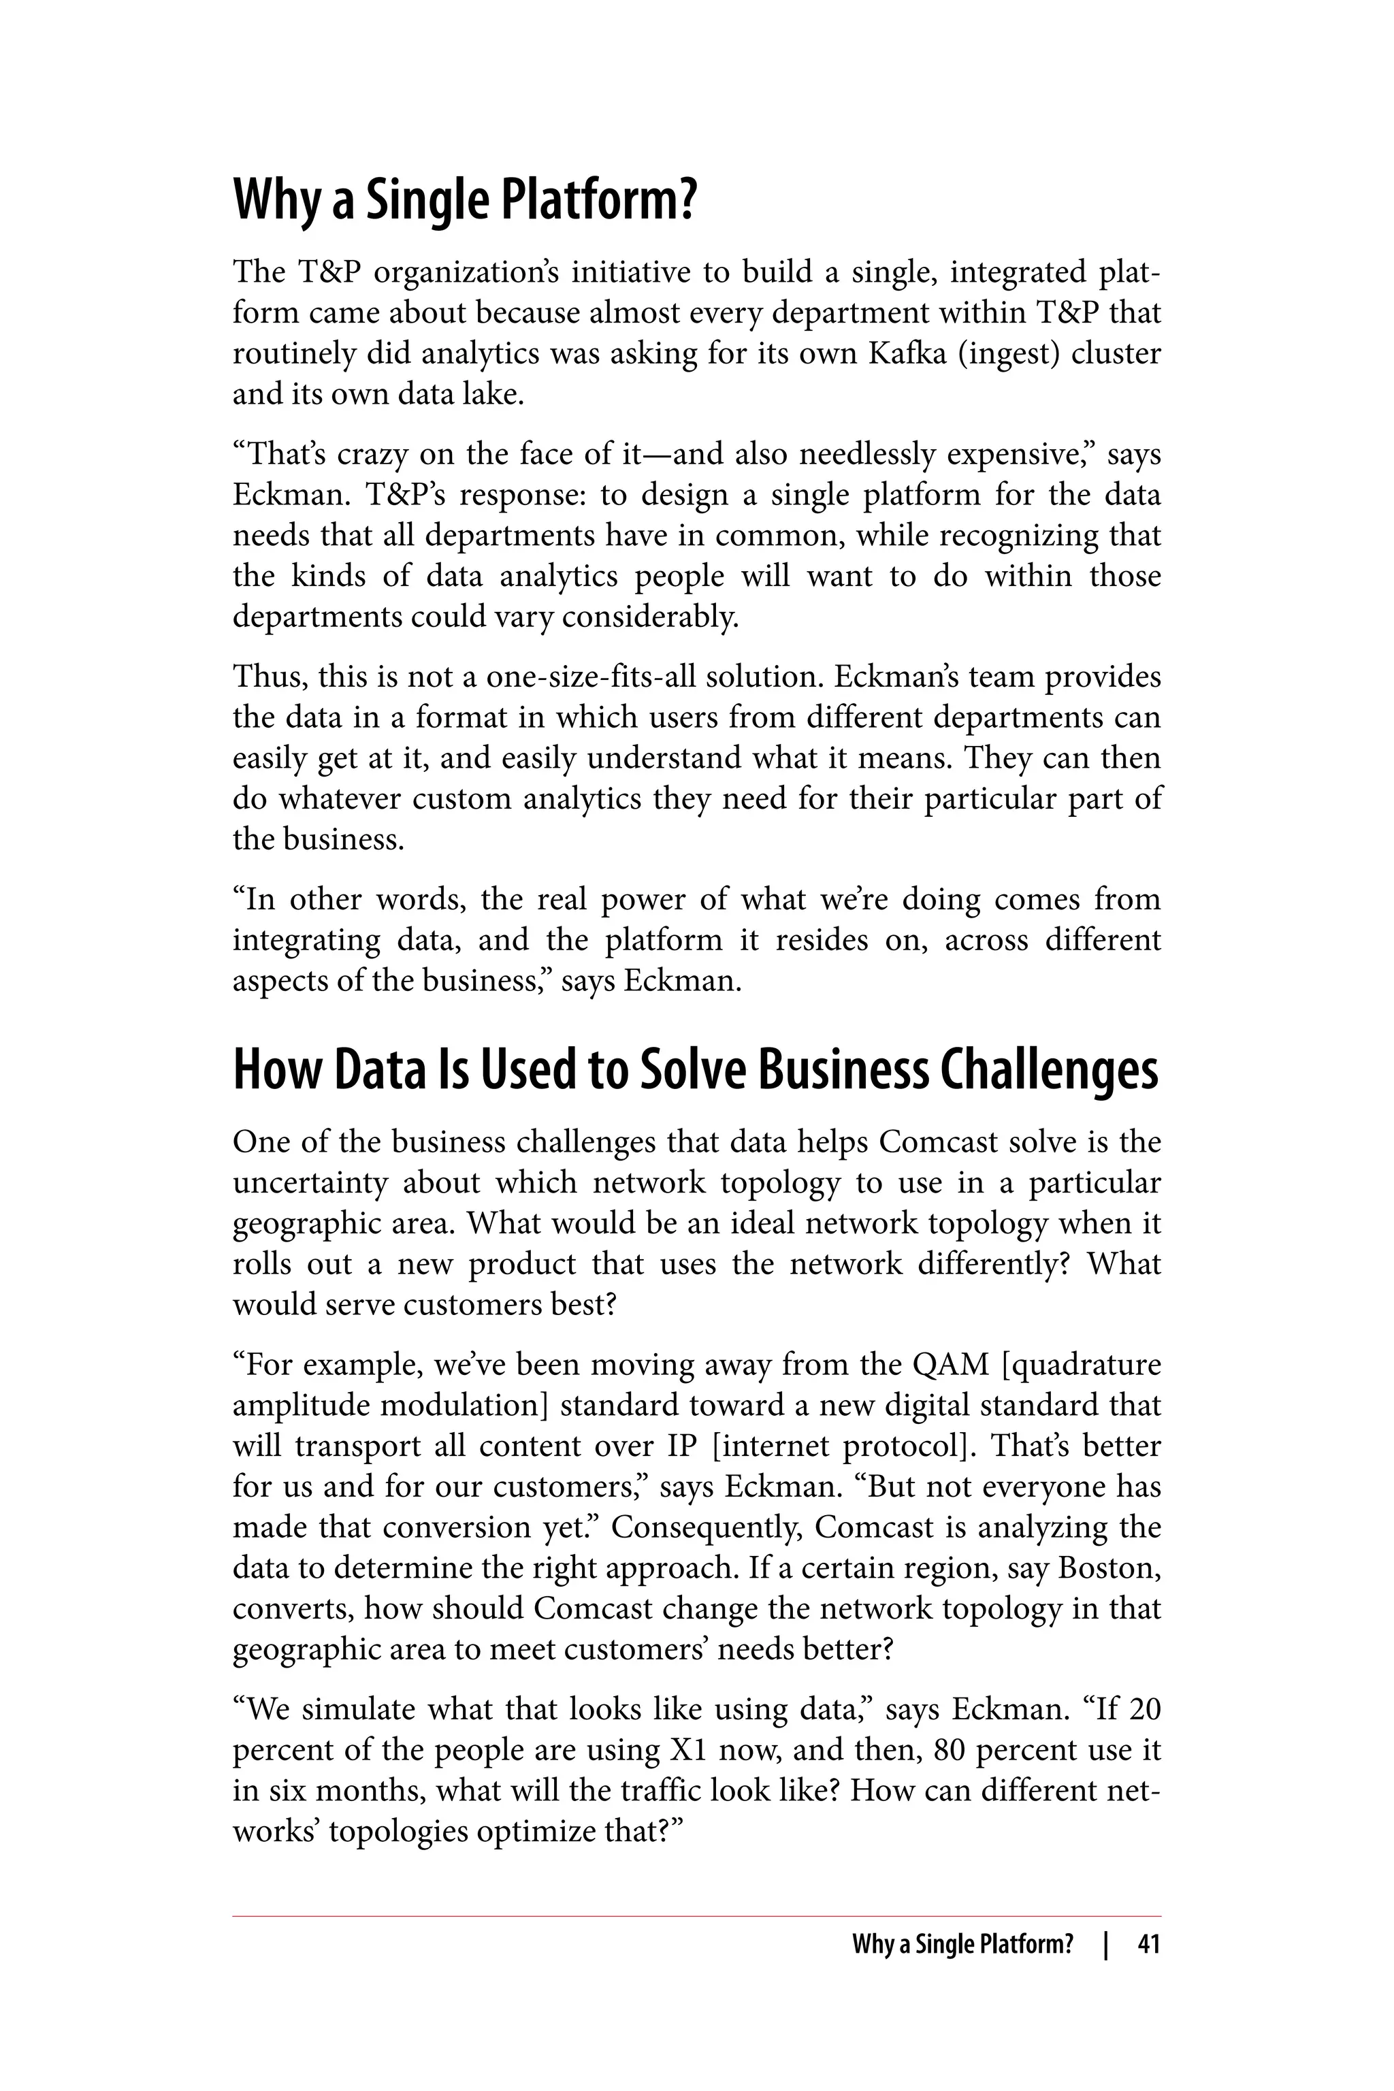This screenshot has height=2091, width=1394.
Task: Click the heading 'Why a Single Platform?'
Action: [x=464, y=201]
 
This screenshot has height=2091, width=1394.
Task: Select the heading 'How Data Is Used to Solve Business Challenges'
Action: [x=695, y=1071]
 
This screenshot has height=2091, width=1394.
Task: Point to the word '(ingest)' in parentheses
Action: [x=1009, y=354]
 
